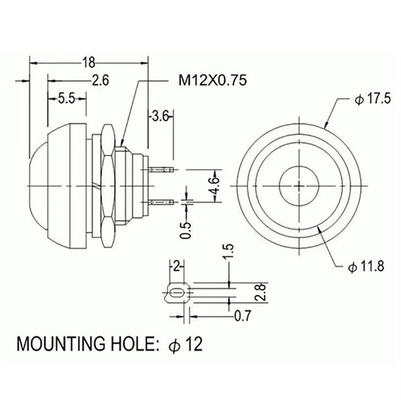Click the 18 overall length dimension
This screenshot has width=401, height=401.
coord(89,63)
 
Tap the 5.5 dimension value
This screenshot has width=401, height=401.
coord(67,98)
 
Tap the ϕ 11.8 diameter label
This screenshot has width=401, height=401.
coord(366,266)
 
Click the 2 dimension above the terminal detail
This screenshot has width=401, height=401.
coord(176,266)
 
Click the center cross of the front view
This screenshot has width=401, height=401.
coord(300,186)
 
